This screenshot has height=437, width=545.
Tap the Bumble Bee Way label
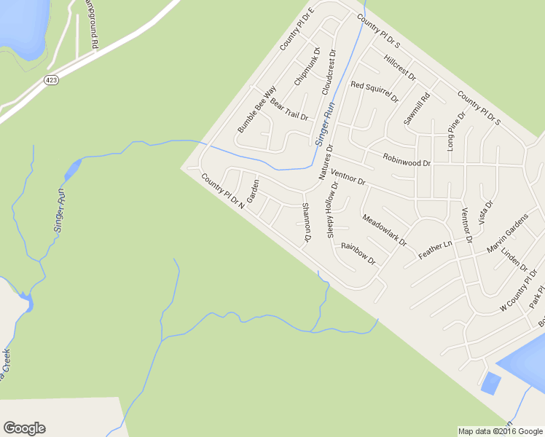[256, 109]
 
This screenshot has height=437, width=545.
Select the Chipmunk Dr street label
[307, 67]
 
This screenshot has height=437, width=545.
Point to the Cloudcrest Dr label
[329, 73]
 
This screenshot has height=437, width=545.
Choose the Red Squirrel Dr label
[375, 90]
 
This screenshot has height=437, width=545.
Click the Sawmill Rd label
[417, 108]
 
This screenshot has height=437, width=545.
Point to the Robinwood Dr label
[407, 160]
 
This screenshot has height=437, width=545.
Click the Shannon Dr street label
[306, 222]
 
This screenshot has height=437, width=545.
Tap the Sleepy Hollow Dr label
[334, 210]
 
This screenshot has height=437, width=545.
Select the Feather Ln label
[436, 249]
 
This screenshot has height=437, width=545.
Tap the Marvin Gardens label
[507, 235]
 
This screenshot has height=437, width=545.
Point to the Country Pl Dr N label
[222, 192]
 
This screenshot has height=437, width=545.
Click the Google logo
[24, 428]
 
